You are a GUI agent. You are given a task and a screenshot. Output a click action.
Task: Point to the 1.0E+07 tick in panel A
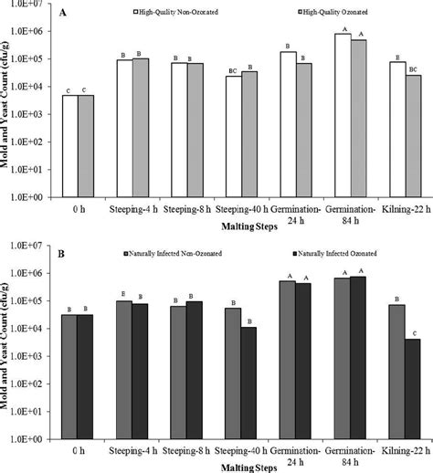pyautogui.click(x=38, y=5)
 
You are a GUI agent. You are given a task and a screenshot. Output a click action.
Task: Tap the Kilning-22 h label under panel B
pyautogui.click(x=406, y=451)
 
